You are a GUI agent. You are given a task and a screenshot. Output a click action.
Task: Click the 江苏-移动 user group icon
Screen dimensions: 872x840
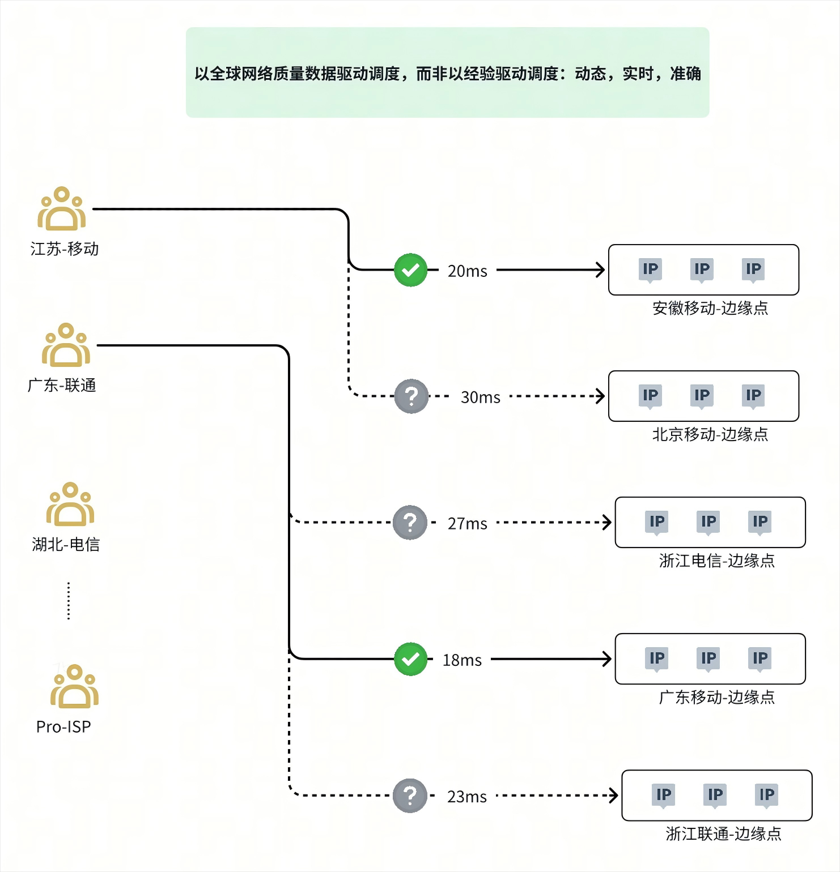62,209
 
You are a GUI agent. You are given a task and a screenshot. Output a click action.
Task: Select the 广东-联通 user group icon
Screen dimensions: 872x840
66,345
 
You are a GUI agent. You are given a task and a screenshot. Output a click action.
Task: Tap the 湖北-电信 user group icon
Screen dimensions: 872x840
70,505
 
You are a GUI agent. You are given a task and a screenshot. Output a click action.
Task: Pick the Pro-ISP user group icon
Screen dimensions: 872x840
74,687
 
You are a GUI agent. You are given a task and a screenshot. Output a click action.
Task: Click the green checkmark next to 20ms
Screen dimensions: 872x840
410,270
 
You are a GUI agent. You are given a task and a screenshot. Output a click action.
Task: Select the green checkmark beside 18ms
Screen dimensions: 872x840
410,659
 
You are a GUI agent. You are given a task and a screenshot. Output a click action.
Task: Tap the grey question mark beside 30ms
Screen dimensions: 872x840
411,396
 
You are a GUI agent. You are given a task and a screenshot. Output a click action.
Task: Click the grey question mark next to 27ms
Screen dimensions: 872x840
410,523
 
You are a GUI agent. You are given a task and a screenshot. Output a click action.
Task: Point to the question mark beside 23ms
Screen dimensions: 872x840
410,796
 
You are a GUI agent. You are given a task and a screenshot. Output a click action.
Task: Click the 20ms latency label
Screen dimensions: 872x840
467,271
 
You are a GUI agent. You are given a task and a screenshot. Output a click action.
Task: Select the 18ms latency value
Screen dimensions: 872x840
462,660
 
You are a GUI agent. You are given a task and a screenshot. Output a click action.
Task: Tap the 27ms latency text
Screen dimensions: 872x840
467,524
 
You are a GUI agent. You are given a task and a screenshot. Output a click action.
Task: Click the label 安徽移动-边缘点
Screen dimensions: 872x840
710,308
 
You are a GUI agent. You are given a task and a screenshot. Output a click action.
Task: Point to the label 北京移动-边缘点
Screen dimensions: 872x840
710,434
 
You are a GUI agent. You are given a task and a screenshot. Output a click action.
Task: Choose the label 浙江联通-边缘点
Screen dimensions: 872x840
723,833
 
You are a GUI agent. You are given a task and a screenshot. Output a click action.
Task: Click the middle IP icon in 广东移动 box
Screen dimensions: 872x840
709,659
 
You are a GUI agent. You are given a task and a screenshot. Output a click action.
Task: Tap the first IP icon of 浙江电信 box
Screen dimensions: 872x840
657,522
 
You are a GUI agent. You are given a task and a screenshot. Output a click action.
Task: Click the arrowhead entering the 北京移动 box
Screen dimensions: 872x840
601,396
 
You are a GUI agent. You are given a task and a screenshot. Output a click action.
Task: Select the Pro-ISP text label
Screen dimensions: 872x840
63,727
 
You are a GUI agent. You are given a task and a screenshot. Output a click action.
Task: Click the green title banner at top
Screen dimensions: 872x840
447,72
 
